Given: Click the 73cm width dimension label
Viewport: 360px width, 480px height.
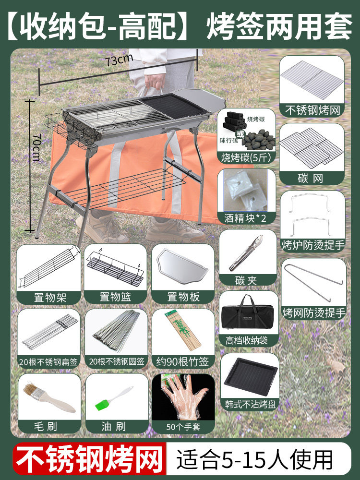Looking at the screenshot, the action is tap(120, 60).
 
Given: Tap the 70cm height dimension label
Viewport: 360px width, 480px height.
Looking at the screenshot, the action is tap(37, 147).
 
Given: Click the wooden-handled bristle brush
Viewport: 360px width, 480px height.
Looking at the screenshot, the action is tap(49, 397).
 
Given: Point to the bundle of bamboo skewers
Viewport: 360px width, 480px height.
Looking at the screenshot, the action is tap(183, 331).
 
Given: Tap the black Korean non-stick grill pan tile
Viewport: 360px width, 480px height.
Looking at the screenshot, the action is tap(251, 376).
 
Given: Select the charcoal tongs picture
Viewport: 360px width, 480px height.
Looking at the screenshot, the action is tap(247, 252).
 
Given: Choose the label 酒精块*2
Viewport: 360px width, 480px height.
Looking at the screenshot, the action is tap(245, 218).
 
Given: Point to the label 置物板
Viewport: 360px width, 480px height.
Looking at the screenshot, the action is tap(183, 297).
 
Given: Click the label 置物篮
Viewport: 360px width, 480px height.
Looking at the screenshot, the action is tap(115, 297).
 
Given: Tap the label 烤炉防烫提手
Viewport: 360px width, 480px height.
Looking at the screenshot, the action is tap(313, 245).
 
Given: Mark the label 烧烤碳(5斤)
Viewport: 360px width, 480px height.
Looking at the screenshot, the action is tap(246, 157).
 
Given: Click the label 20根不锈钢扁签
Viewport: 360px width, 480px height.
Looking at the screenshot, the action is tap(48, 362).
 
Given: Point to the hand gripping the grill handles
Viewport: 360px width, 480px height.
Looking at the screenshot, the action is tap(155, 82).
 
